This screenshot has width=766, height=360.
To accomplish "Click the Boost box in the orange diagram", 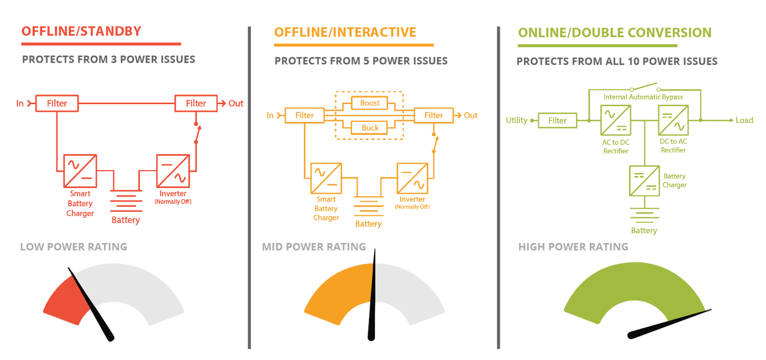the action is click(x=369, y=103).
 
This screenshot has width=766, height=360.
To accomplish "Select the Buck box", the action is click(x=369, y=128).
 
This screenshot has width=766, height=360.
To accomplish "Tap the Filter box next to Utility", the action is click(x=558, y=121).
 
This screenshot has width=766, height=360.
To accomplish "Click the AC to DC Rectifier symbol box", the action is click(x=615, y=120).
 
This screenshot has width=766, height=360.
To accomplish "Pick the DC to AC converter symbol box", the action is click(x=673, y=120).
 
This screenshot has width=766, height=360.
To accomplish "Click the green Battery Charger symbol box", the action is click(x=644, y=181).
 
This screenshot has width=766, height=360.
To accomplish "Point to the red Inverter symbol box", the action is click(x=173, y=171).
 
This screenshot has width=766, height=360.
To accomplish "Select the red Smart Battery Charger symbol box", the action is click(x=80, y=171).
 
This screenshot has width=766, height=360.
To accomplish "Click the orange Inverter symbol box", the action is click(x=412, y=178).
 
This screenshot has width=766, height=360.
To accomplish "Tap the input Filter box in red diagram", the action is click(x=57, y=103).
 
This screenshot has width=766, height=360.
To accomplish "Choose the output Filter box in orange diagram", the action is click(x=434, y=115).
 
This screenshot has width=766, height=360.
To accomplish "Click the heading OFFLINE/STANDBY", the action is click(x=81, y=32).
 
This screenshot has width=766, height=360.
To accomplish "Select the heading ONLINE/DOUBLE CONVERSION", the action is click(x=614, y=33).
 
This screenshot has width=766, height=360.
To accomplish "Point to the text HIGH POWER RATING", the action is click(x=573, y=247).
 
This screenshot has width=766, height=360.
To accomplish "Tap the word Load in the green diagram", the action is click(x=744, y=121).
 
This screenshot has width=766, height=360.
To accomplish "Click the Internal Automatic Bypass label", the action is click(x=643, y=97).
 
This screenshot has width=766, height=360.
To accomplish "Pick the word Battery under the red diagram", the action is click(x=126, y=220).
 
